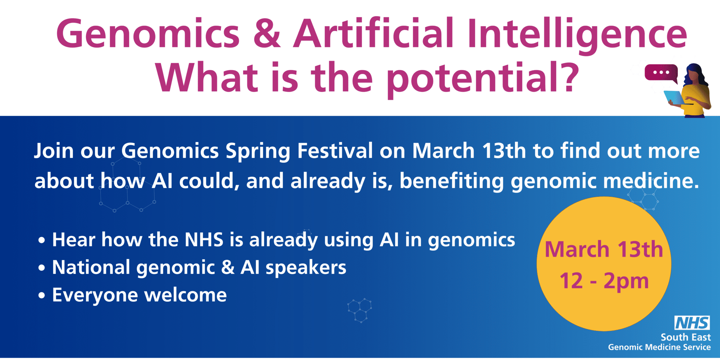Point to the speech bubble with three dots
(661, 73)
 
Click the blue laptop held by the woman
(674, 98)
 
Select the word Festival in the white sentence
(335, 151)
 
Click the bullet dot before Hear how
(42, 240)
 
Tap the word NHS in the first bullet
(204, 240)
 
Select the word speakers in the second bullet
(306, 268)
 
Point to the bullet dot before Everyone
(42, 296)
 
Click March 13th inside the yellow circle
(604, 249)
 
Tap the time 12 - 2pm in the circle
(604, 281)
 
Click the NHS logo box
(692, 323)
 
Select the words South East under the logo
(686, 337)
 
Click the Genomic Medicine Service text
(659, 347)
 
